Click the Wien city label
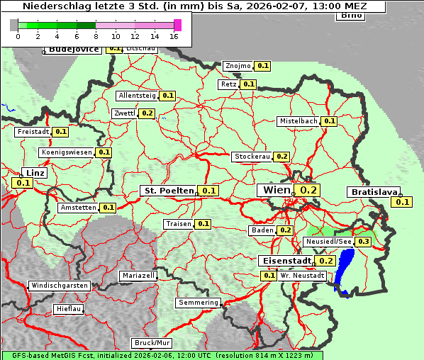click(277, 190)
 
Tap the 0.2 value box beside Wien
click(309, 190)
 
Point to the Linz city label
click(34, 173)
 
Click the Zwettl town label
click(124, 113)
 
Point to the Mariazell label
click(138, 275)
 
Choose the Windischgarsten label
click(60, 286)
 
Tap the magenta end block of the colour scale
click(177, 25)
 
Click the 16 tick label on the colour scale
click(174, 37)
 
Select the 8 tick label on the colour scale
click(96, 37)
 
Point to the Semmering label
click(199, 303)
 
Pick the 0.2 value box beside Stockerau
click(282, 156)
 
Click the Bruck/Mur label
click(152, 343)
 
